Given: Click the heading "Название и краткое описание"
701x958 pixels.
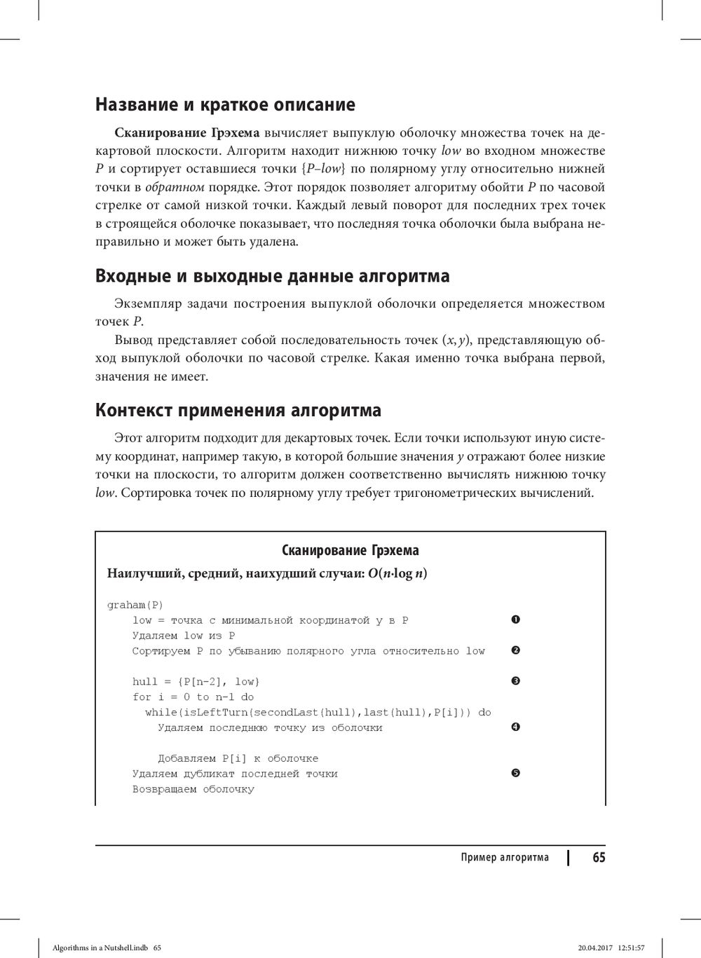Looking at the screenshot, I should point(225,105).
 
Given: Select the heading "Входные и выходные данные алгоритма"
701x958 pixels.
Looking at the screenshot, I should point(272,276).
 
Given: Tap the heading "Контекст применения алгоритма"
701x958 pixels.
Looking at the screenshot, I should point(238,410).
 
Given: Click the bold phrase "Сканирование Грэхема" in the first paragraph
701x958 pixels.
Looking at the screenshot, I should point(186,132).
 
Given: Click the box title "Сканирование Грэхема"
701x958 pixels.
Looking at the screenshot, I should point(350,550).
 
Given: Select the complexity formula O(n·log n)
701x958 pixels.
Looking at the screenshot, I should point(397,573).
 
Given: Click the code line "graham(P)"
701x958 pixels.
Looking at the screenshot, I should point(135,605).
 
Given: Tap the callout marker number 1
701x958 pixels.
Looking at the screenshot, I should point(515,620).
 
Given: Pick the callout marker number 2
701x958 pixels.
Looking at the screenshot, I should point(515,650).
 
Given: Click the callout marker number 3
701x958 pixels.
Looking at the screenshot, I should point(515,681).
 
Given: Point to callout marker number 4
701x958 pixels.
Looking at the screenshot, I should point(515,727).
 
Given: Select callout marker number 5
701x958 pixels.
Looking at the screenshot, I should point(515,773).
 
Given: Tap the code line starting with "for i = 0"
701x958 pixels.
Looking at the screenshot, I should point(193,697).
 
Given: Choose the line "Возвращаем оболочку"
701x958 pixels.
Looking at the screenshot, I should point(193,789).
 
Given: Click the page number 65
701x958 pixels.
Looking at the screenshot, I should point(598,857).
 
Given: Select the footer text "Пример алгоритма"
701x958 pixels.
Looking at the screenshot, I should point(505,858).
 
